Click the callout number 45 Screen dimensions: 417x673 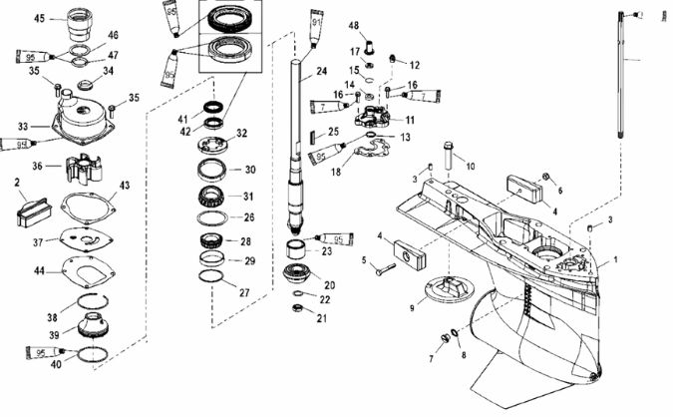click(x=40, y=18)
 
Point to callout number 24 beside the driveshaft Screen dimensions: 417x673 click(x=321, y=72)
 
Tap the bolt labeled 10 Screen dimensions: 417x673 click(x=446, y=155)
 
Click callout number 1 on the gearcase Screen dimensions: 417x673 click(x=615, y=259)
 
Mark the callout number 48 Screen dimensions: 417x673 click(x=354, y=24)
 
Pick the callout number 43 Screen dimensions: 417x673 click(x=125, y=186)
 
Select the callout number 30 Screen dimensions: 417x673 click(x=250, y=170)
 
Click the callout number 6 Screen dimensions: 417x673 click(x=560, y=190)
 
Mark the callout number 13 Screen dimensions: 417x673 click(x=418, y=138)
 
